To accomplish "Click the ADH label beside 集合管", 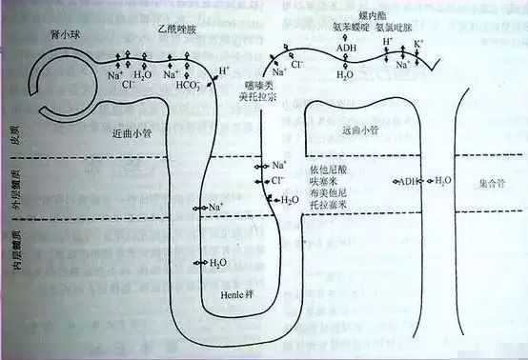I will [409, 180].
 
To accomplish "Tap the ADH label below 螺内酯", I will [347, 45].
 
